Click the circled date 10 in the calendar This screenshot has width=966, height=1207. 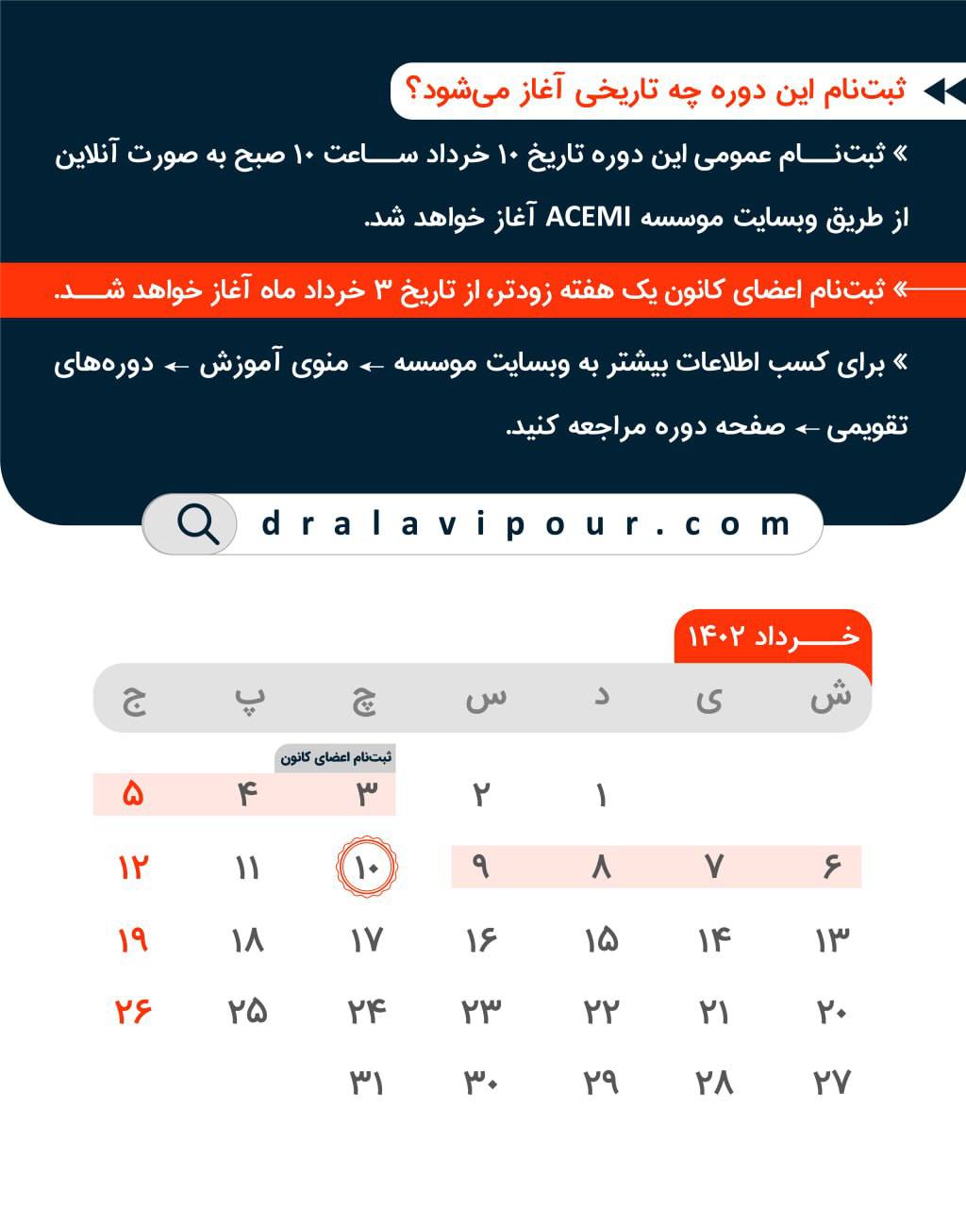pos(367,866)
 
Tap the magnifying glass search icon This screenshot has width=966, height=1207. pos(197,523)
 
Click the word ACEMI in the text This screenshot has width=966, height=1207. pos(587,218)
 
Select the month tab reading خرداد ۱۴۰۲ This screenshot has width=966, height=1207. pos(773,637)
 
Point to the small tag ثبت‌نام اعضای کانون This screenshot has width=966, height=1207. pos(336,757)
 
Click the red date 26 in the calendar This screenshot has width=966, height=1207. pos(133,1011)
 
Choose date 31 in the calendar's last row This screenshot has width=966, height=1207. pos(366,1083)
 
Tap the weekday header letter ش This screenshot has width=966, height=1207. pos(830,698)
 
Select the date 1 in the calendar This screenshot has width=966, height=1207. pos(601,795)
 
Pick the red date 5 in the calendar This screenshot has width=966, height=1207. pos(133,795)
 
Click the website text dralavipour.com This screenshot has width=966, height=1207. pos(526,523)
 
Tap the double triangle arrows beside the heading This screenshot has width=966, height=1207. pos(944,91)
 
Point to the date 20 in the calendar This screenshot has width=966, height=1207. pos(831,1011)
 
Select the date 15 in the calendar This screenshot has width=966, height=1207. pos(601,939)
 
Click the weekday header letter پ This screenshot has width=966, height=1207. pos(249,698)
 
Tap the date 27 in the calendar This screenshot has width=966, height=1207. pos(831,1083)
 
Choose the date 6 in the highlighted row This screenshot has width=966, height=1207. pos(831,867)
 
